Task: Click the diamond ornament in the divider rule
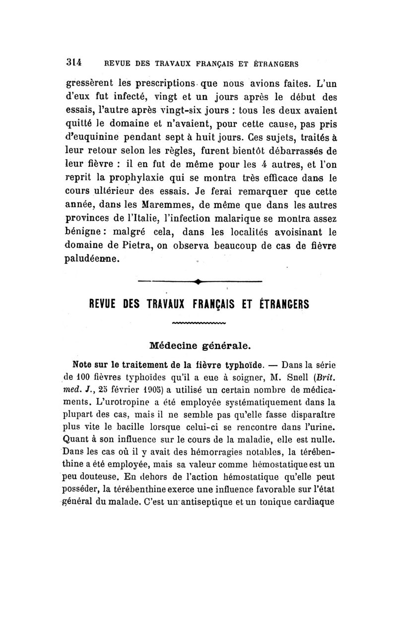(x=198, y=282)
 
